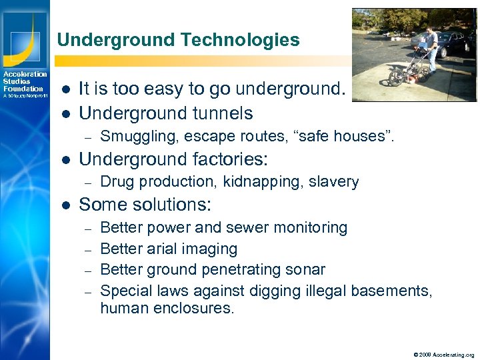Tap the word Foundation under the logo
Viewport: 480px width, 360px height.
tap(23, 89)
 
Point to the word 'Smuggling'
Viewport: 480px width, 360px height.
tap(134, 137)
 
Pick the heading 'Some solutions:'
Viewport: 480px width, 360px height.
tap(145, 205)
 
